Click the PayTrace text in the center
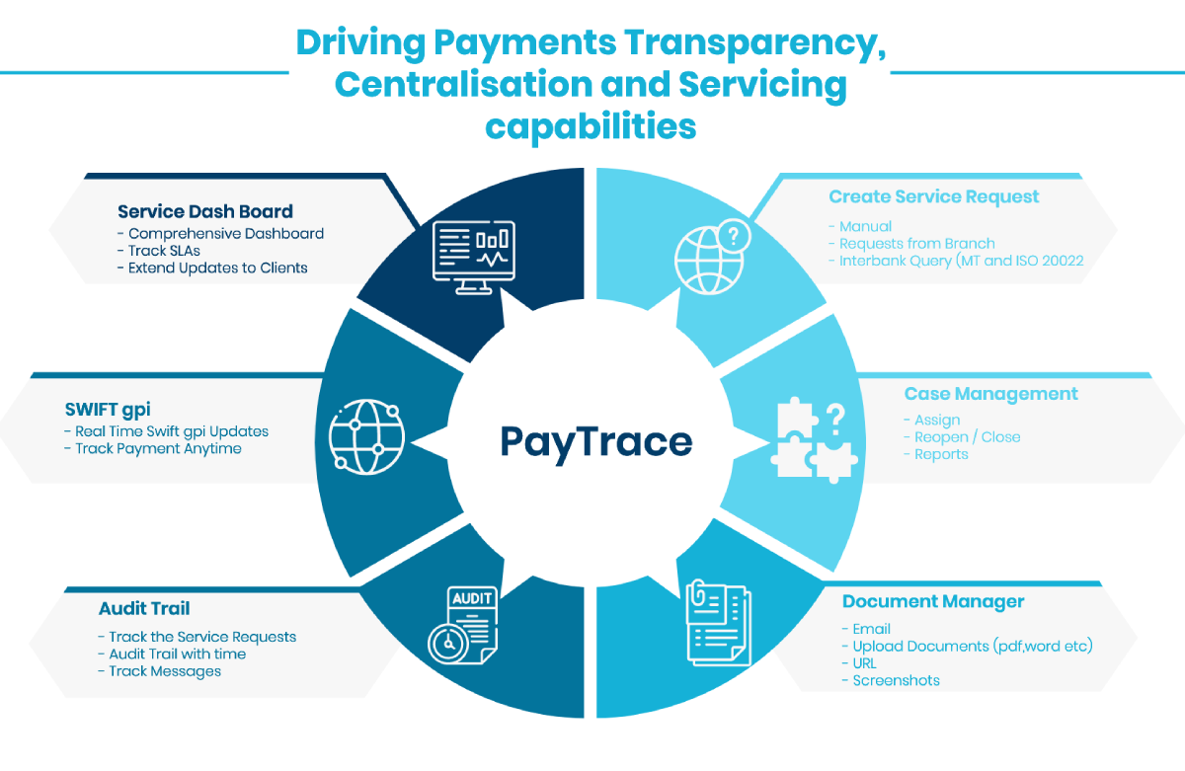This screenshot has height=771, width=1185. [595, 440]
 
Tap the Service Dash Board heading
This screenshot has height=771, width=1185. [205, 211]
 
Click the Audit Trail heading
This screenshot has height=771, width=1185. [144, 608]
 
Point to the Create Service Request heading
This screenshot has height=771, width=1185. [933, 196]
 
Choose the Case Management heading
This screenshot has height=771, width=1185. [990, 394]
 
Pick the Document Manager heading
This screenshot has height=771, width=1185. [933, 601]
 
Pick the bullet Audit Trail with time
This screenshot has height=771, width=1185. [177, 654]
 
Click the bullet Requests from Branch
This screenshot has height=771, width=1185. [916, 244]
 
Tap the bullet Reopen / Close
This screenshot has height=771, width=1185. [967, 436]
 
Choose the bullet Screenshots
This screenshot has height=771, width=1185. [896, 680]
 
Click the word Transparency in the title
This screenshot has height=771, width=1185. [719, 43]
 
